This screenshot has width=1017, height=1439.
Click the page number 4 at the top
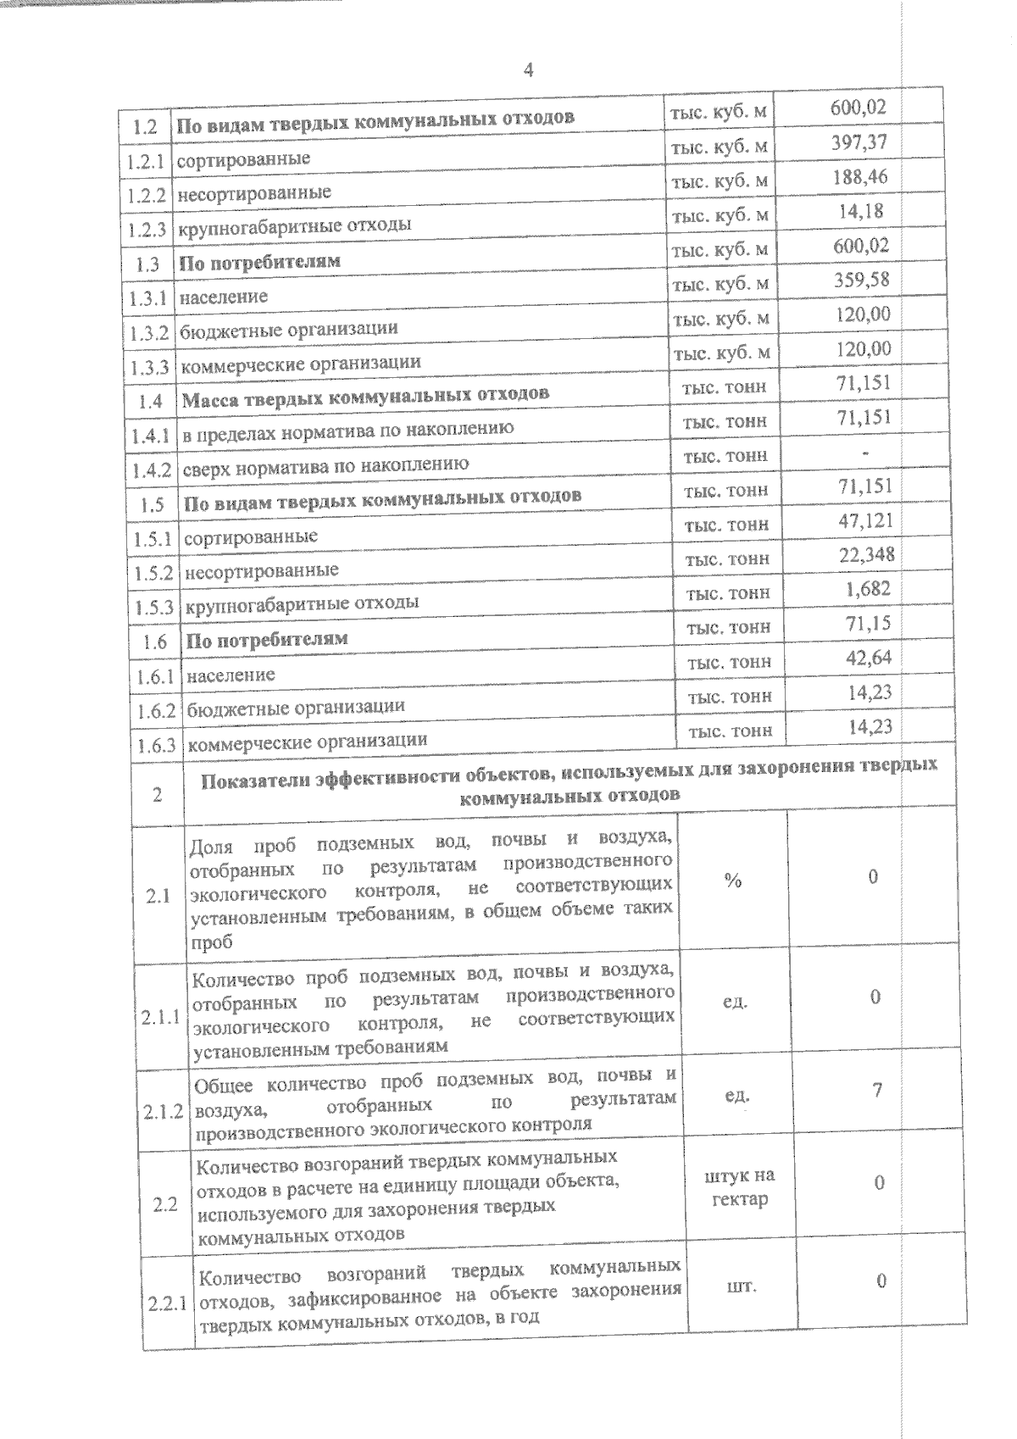528,70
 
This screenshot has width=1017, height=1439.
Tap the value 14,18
861,211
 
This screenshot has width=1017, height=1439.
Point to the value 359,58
862,280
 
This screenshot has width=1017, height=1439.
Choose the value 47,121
865,520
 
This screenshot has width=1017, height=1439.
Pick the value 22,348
866,555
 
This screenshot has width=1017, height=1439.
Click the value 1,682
868,589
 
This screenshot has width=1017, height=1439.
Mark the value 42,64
869,658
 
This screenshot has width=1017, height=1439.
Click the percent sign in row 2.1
733,881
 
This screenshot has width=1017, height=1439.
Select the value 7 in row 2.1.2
878,1091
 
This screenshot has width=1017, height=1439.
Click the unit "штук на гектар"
739,1187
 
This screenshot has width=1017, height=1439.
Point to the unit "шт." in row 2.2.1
742,1286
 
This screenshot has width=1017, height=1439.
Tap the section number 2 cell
158,795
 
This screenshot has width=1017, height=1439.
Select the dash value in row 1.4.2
864,454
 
